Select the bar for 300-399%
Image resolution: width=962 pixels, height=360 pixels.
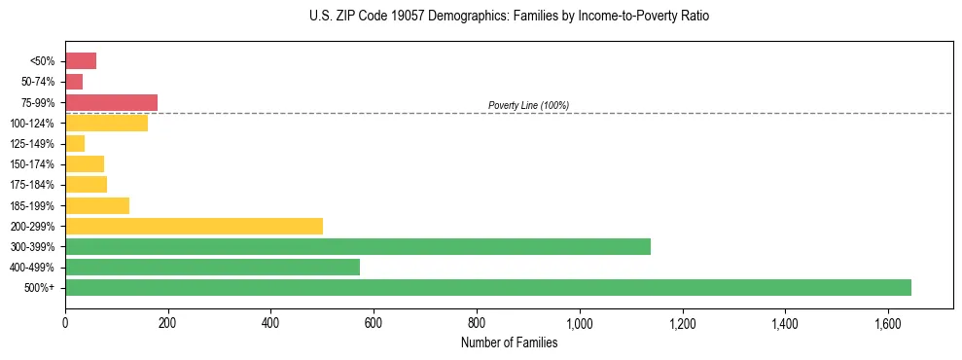pyautogui.click(x=358, y=246)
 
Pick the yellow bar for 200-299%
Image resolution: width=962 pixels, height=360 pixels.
pyautogui.click(x=194, y=226)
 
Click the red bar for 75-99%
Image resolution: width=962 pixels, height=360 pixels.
pyautogui.click(x=111, y=102)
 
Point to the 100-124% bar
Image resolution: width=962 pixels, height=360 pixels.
pyautogui.click(x=106, y=123)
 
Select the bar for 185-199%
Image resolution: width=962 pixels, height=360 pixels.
pyautogui.click(x=97, y=205)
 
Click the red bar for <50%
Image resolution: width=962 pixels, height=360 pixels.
pyautogui.click(x=81, y=61)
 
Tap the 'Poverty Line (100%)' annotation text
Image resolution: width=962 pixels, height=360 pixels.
pyautogui.click(x=528, y=105)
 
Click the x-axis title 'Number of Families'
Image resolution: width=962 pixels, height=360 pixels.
pyautogui.click(x=509, y=342)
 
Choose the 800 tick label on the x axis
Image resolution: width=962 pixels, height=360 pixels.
pyautogui.click(x=477, y=323)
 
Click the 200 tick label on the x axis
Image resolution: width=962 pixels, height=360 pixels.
pyautogui.click(x=168, y=323)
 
